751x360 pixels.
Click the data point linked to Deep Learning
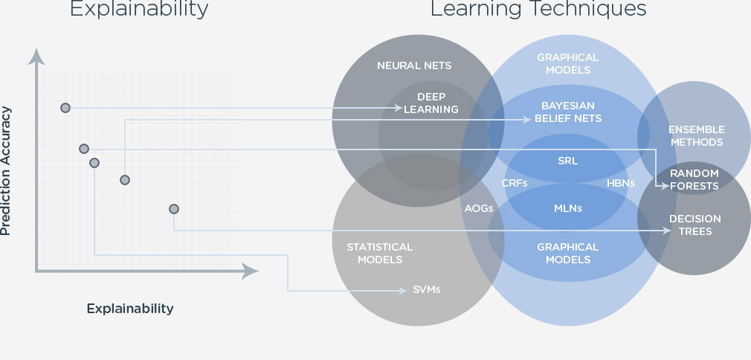tap(65, 108)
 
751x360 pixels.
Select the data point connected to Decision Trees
tap(174, 209)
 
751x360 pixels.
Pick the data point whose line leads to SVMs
tap(94, 162)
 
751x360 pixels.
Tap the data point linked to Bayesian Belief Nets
tap(125, 179)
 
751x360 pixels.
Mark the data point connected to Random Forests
tap(84, 149)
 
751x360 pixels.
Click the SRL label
tap(567, 160)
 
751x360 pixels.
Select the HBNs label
tap(620, 182)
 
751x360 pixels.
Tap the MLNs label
tap(567, 208)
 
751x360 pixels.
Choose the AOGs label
tap(480, 208)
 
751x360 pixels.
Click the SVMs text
tap(427, 289)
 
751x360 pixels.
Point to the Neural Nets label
tap(414, 65)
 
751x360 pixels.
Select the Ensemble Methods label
tap(696, 135)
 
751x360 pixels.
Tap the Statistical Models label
tap(379, 253)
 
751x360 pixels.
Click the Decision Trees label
tap(695, 225)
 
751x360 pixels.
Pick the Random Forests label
tap(694, 179)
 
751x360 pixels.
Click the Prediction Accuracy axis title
tap(7, 172)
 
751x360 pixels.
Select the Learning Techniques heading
tap(538, 9)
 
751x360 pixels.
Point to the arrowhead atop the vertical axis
tap(35, 54)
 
